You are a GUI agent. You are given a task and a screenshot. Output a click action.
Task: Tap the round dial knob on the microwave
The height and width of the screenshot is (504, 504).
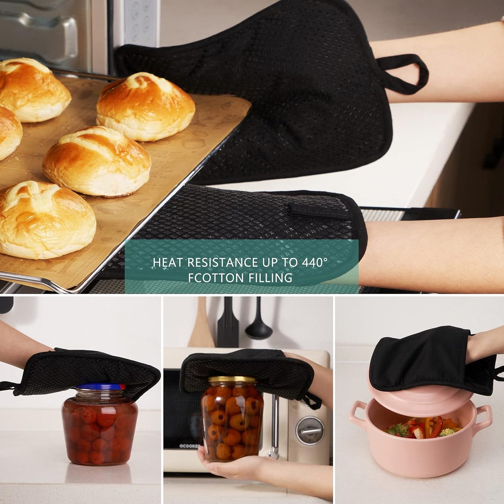pyautogui.click(x=310, y=430)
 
